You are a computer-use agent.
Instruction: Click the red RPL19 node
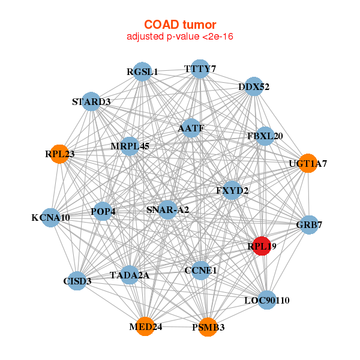click(x=261, y=245)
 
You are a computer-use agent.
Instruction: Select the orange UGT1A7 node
click(x=307, y=163)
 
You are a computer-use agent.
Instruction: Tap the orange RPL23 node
click(x=59, y=154)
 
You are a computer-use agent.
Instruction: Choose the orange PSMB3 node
click(x=208, y=326)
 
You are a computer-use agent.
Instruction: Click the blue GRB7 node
click(x=308, y=225)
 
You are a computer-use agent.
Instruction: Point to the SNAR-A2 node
click(x=168, y=209)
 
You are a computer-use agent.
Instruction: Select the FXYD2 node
click(x=232, y=191)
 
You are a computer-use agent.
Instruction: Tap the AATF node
click(x=191, y=128)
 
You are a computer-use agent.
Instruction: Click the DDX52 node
click(x=254, y=86)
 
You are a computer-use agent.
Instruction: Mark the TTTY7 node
click(x=199, y=69)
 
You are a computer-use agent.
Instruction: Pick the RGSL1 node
click(x=142, y=71)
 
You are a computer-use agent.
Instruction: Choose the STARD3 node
click(x=91, y=101)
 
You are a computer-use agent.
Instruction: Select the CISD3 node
click(x=77, y=280)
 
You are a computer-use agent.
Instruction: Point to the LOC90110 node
click(x=267, y=299)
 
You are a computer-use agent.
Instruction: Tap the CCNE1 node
click(x=200, y=270)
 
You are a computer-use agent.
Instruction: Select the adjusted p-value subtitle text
click(x=179, y=37)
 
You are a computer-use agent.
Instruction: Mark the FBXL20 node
click(x=265, y=136)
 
